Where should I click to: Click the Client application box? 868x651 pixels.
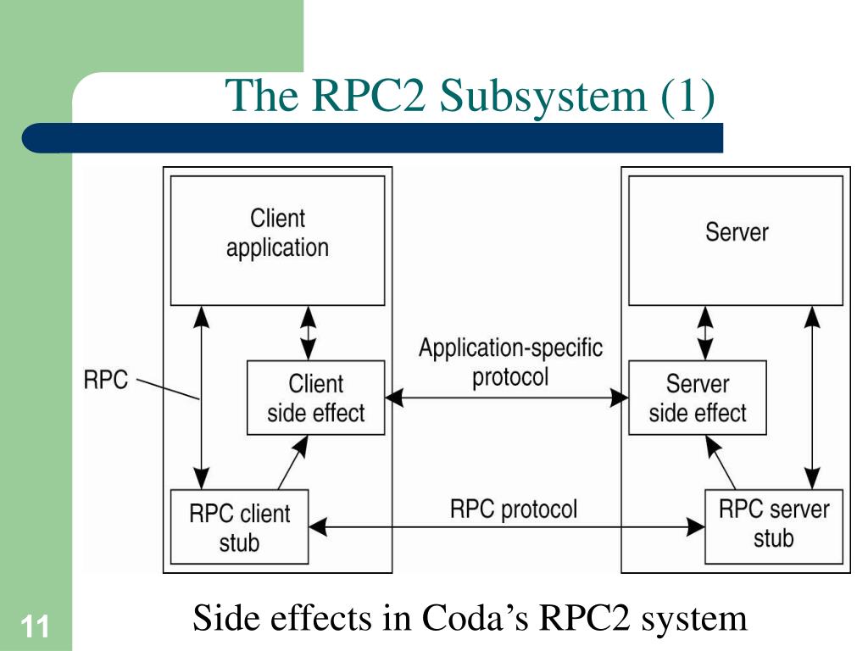[x=277, y=241]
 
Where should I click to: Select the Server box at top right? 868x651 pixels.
[x=736, y=241]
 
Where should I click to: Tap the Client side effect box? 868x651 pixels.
[x=315, y=398]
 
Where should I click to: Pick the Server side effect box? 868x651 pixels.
[x=698, y=398]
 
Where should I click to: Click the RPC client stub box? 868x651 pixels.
[x=239, y=526]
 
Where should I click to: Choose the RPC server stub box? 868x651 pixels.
[x=774, y=526]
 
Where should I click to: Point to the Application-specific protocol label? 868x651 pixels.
[x=510, y=363]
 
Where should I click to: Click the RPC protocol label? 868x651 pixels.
[x=514, y=509]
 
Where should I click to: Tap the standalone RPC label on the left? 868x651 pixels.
[x=105, y=381]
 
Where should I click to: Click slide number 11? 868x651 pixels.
[x=35, y=627]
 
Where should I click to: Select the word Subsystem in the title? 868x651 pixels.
[x=543, y=96]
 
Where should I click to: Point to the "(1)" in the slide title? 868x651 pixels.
[x=687, y=96]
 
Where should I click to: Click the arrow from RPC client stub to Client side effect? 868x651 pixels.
[x=292, y=463]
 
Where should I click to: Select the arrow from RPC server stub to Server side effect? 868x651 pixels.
[x=721, y=463]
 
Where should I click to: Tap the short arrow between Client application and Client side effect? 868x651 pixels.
[x=308, y=333]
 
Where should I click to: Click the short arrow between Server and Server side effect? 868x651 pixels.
[x=704, y=333]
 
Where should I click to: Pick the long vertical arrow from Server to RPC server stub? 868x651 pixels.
[x=812, y=398]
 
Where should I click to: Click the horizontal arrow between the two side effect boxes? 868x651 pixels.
[x=507, y=398]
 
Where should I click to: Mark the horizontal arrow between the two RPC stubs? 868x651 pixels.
[x=507, y=526]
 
